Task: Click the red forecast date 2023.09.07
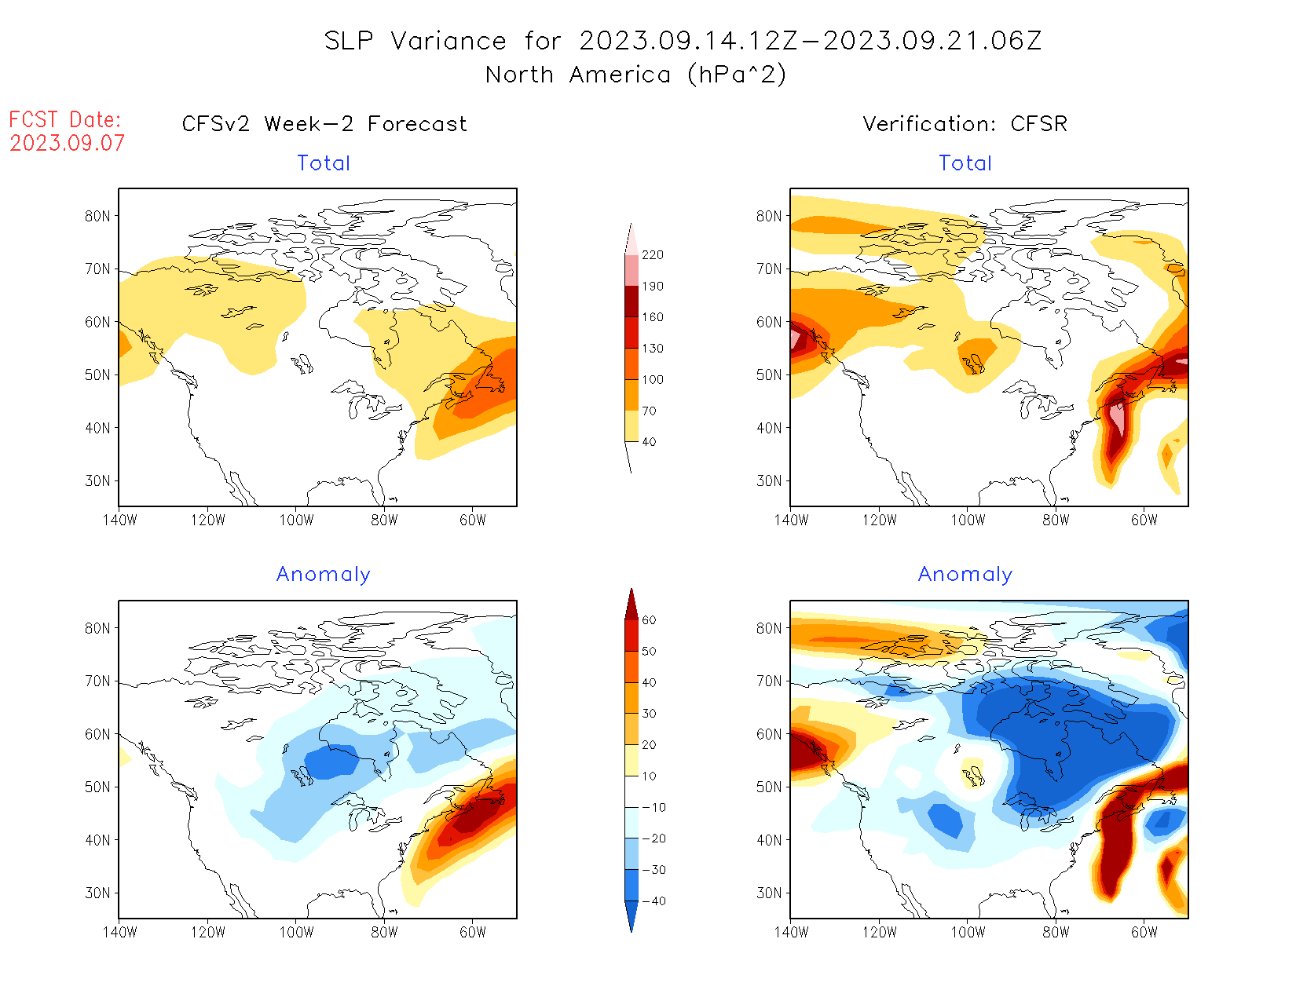coord(68,144)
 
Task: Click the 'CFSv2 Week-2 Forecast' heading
coord(324,124)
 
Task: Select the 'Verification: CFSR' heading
coord(965,124)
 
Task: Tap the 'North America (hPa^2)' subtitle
coord(635,75)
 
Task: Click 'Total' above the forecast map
coord(324,163)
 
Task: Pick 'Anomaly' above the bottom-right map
coord(965,575)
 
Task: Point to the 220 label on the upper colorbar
coord(652,255)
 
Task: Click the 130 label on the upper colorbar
coord(652,349)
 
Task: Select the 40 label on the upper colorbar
coord(649,442)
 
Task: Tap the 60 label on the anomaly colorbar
coord(649,620)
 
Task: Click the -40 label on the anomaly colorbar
coord(653,901)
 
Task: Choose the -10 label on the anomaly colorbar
coord(653,808)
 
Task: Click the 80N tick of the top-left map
coord(98,217)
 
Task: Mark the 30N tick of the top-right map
coord(769,481)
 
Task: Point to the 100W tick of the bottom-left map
coord(296,933)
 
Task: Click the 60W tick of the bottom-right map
coord(1144,933)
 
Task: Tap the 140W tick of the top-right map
coord(791,521)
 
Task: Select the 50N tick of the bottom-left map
coord(98,787)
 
